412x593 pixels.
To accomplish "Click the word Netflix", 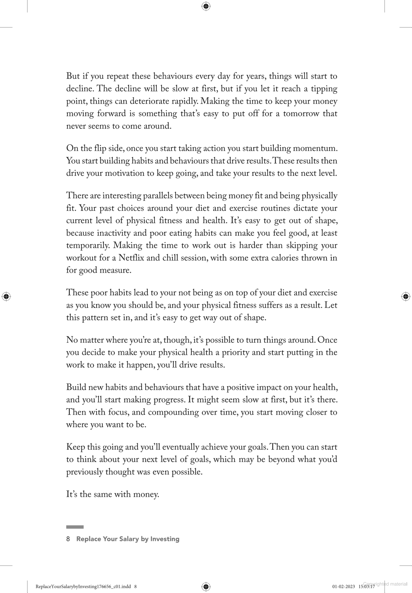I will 130,258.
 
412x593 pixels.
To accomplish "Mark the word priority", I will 235,353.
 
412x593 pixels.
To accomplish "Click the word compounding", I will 173,412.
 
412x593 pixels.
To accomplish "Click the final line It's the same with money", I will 113,494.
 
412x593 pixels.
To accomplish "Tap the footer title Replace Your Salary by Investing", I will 128,539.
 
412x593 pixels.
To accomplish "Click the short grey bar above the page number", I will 75,527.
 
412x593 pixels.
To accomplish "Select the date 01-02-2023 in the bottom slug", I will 343,586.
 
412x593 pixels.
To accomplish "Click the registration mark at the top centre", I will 206,6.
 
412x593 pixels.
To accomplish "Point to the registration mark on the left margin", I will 6,296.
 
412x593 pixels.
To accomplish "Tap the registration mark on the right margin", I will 406,296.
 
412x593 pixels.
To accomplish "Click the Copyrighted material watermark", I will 385,584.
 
